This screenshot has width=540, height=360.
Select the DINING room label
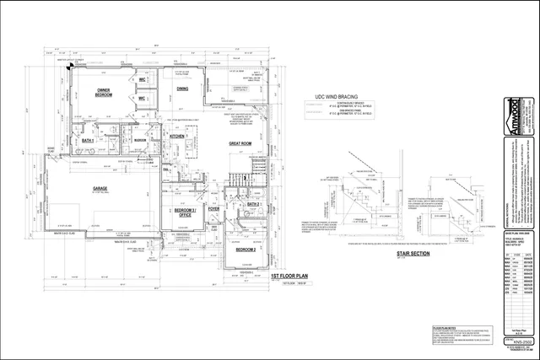coord(182,89)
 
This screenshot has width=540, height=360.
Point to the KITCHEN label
coord(178,136)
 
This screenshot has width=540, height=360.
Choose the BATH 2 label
coord(253,204)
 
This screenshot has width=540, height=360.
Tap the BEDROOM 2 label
coord(245,227)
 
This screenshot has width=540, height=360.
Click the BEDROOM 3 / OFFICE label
coord(184,212)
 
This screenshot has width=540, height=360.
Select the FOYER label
coord(213,210)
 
